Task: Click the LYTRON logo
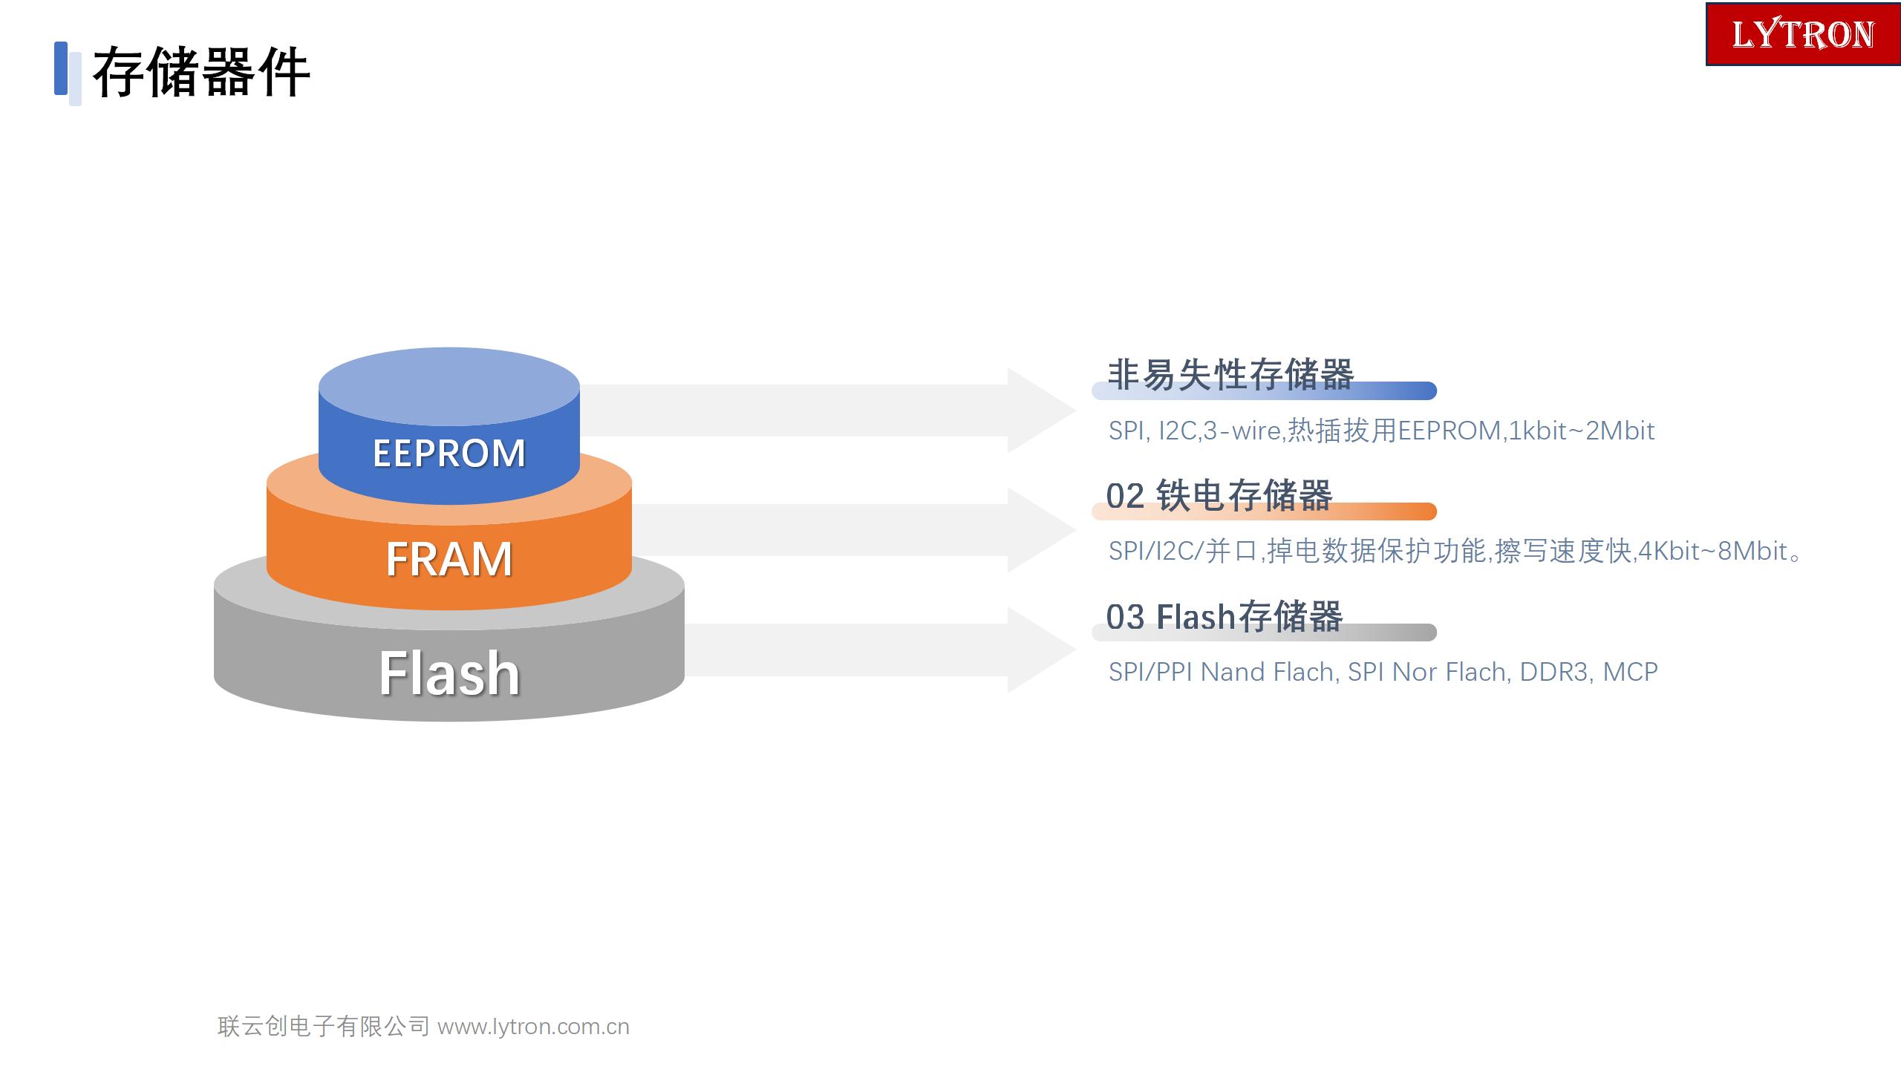tap(1803, 34)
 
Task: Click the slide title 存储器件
tap(200, 72)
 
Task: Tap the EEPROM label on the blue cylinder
tap(449, 453)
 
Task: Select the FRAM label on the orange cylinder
tap(449, 559)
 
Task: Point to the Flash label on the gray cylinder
tap(449, 673)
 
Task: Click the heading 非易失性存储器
tap(1230, 374)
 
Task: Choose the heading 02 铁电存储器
tap(1219, 495)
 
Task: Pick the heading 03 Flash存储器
tap(1225, 616)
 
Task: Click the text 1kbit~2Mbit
tap(1582, 431)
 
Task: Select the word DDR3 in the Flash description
tap(1554, 672)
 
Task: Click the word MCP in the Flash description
tap(1631, 672)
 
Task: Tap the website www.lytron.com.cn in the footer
tap(533, 1027)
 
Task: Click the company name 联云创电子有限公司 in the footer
tap(324, 1026)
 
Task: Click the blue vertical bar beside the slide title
tap(61, 68)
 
